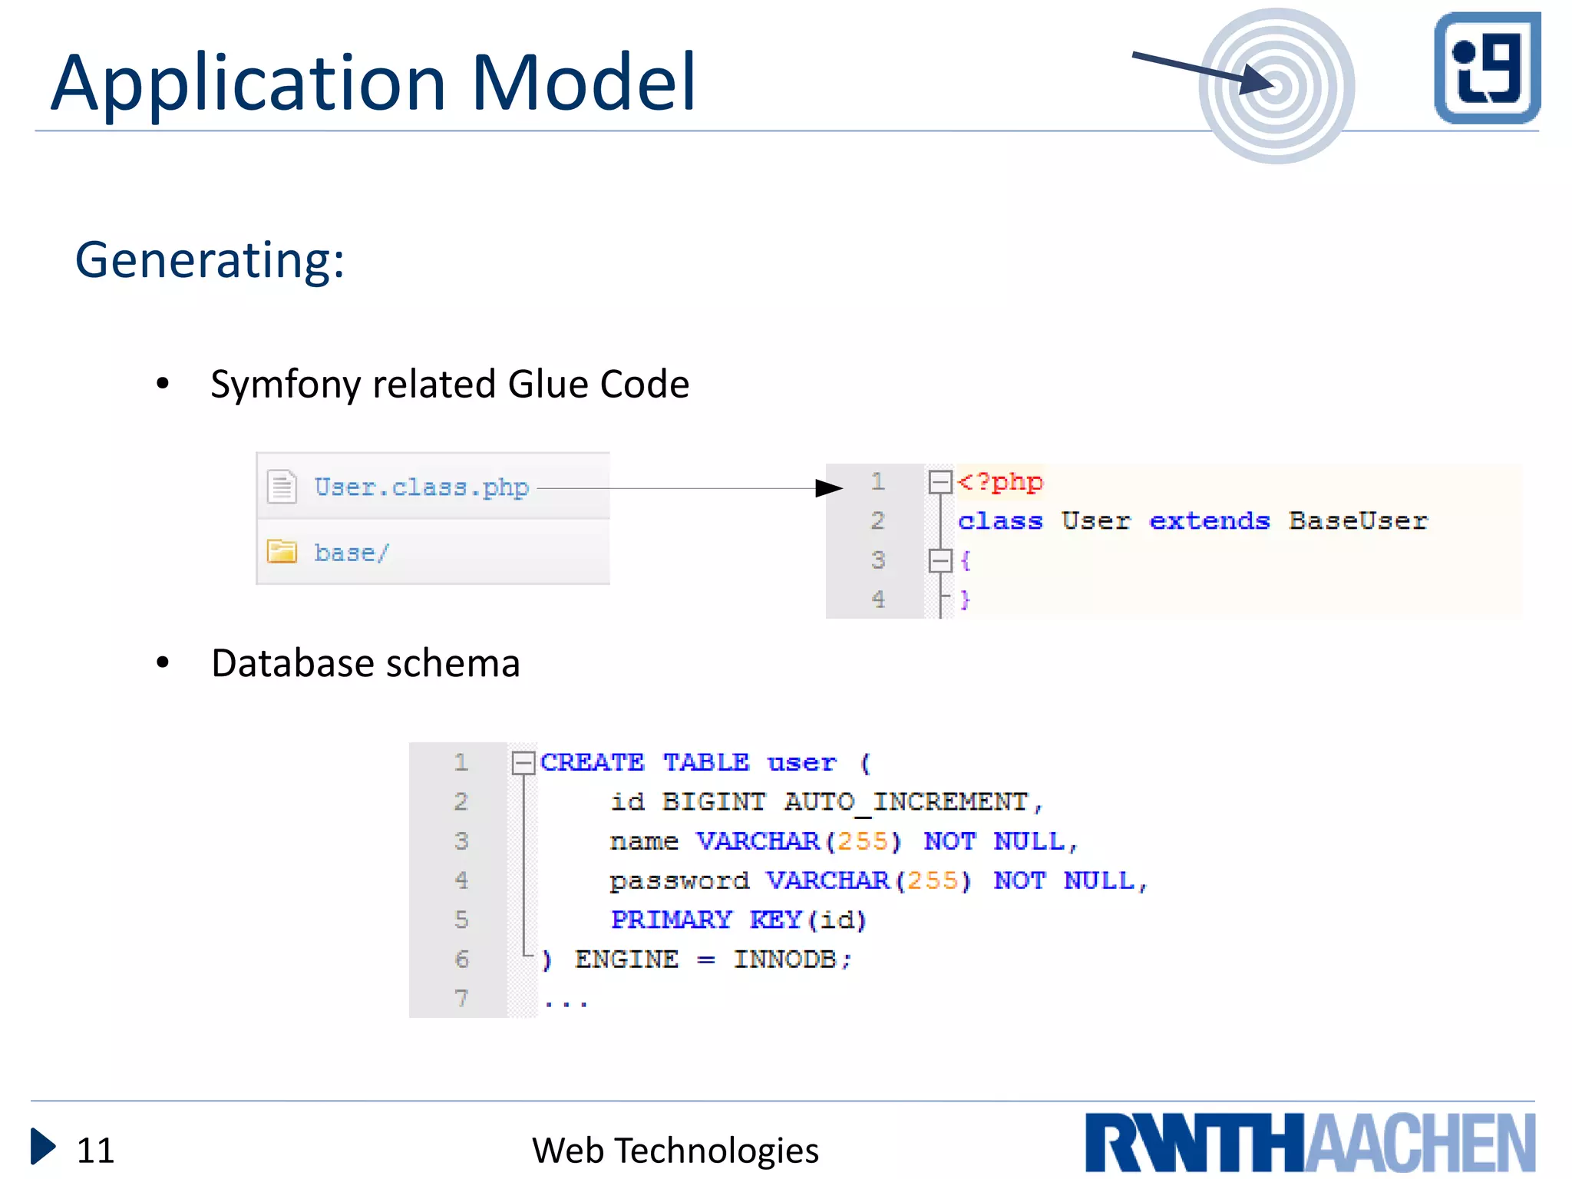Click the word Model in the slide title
(583, 82)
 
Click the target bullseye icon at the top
(1276, 86)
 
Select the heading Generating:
(210, 260)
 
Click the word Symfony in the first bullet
(286, 384)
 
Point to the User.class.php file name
(421, 487)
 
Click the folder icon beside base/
(282, 551)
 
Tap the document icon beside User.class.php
(282, 486)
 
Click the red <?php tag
(1000, 482)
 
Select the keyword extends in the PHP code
(1209, 521)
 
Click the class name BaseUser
(1358, 521)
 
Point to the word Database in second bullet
(292, 663)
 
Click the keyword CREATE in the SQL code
(592, 762)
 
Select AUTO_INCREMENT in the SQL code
(906, 802)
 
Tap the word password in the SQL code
(679, 880)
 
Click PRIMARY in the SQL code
(671, 920)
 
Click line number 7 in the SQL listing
(461, 999)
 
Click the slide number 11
(95, 1150)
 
